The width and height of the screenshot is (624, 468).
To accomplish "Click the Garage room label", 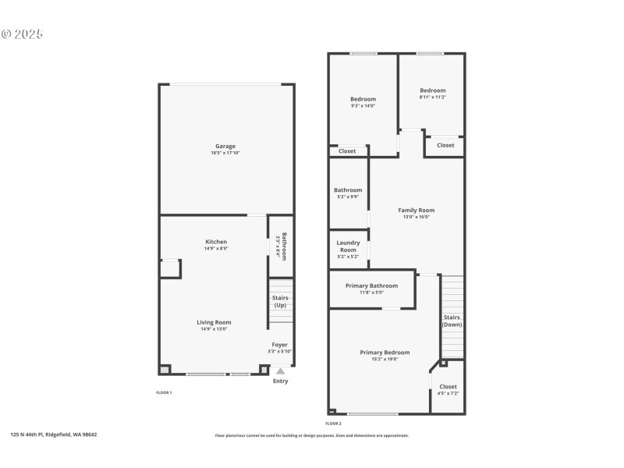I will pos(225,146).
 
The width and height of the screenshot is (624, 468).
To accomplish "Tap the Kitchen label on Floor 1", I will pos(215,242).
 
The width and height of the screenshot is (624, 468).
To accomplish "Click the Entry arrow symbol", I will pos(280,371).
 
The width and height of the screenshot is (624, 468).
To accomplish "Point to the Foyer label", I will pos(279,344).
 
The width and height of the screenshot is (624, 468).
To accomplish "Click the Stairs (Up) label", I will pos(279,301).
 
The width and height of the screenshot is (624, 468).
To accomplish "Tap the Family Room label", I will pos(416,210).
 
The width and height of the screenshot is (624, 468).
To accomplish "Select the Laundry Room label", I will pos(348,246).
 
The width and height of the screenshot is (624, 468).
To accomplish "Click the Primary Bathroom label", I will pos(371,285).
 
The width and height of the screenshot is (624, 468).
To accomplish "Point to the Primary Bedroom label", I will pos(379,352).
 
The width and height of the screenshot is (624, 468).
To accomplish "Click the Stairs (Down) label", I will pos(452,321).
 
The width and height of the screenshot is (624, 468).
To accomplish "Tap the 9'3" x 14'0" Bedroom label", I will pos(363,99).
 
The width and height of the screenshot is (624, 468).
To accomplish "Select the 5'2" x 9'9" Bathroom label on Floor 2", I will pos(348,190).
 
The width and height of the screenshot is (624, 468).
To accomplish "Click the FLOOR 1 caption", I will pos(164,392).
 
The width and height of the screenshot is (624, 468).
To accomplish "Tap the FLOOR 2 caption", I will pos(333,423).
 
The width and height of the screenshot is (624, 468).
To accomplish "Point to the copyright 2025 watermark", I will pos(22,34).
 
